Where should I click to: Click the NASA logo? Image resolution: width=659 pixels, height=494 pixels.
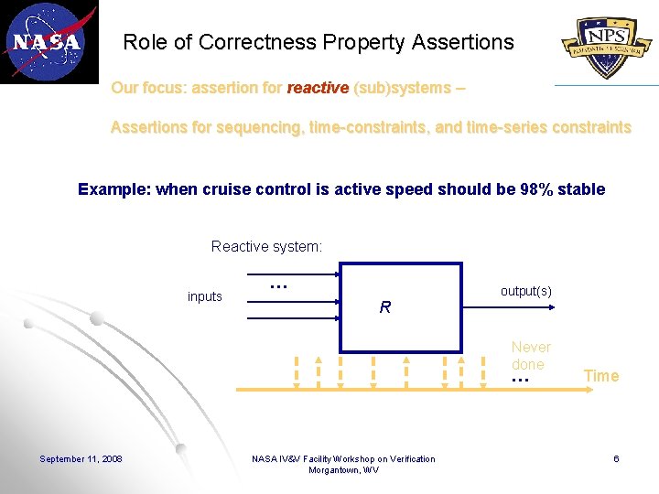point(48,41)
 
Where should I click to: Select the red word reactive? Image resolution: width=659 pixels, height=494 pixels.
point(318,88)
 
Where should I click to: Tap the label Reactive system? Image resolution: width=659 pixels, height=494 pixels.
point(266,246)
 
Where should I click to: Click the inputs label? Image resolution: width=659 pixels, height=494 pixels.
point(204,296)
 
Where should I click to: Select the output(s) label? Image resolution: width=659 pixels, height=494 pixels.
point(525,291)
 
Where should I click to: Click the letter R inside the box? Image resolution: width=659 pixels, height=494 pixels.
point(384,308)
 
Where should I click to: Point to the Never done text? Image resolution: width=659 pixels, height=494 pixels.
point(531,355)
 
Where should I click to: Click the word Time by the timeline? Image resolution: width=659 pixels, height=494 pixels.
point(601,376)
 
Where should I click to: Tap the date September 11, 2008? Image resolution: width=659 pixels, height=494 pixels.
point(81,458)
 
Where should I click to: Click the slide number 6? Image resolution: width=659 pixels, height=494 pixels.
point(616,458)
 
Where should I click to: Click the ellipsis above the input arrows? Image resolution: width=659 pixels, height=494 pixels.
point(279,286)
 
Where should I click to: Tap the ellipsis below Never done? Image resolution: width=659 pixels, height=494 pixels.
point(520,379)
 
